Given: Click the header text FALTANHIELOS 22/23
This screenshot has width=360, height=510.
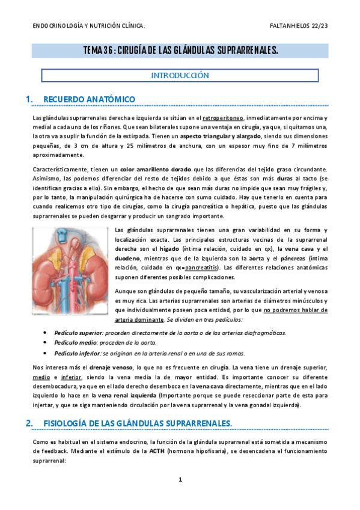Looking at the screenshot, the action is click(299, 26).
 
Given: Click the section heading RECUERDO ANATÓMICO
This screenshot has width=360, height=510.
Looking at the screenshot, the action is click(89, 99).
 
